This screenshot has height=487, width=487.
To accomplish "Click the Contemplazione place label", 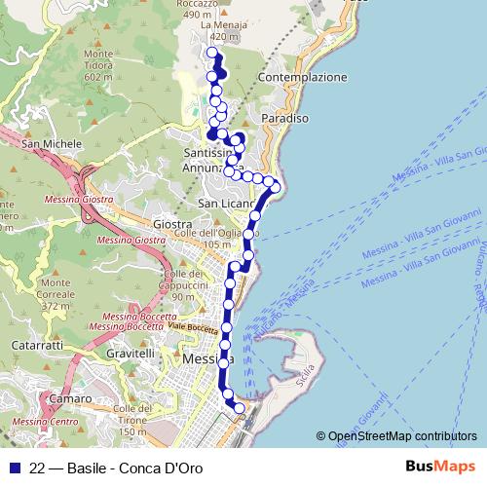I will pos(304,76).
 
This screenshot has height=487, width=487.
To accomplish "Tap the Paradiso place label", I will pos(285,118).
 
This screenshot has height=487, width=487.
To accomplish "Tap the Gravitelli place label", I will pos(132,353).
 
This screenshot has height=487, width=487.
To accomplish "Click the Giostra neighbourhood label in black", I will pos(172,224).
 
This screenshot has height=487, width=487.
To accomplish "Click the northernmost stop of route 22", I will pos(212,52).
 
